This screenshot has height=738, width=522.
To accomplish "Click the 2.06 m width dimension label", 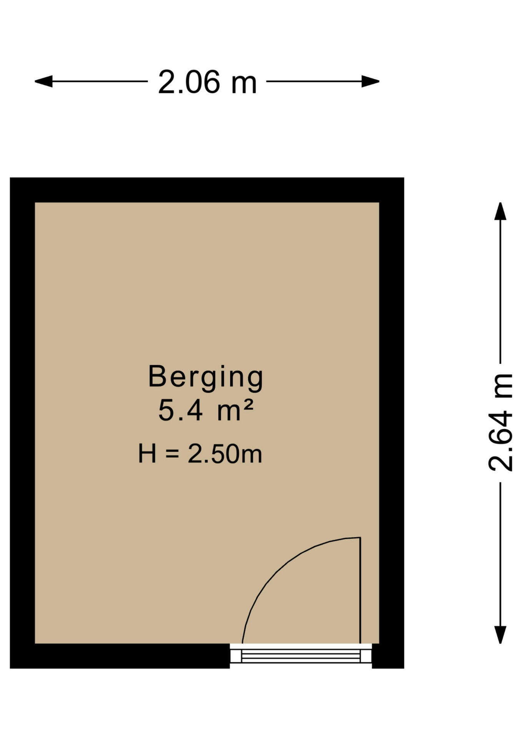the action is point(207,82).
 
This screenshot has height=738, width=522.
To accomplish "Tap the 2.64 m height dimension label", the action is point(500,422).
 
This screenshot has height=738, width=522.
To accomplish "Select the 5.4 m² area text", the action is point(206,410).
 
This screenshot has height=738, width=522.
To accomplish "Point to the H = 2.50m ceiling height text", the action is point(200,454).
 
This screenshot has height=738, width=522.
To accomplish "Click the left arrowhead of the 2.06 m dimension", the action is point(43,81).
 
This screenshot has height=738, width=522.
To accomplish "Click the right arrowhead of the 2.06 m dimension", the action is point(371,81).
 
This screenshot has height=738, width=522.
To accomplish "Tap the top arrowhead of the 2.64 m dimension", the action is point(500,211).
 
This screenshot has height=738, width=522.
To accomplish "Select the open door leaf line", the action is point(360,590).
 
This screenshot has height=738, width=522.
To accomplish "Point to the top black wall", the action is point(207,190).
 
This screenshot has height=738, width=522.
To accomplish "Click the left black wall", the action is point(22,423).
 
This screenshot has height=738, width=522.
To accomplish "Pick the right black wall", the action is point(392,423).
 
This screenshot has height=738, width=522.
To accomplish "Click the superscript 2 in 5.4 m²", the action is point(249,405).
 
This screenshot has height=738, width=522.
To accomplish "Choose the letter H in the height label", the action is point(147,454).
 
